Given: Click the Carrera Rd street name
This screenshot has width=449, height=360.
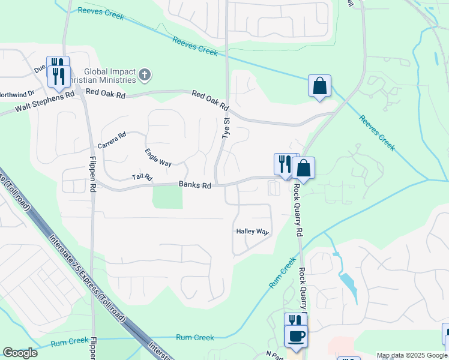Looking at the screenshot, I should point(112,141).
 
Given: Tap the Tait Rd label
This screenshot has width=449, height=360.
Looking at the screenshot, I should point(142,178).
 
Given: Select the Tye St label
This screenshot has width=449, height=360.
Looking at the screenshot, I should point(226,128).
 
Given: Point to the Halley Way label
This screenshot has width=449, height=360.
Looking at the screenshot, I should point(252,231).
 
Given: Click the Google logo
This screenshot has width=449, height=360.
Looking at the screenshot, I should point(20,353).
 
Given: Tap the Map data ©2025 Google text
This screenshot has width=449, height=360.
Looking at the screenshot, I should point(412,355).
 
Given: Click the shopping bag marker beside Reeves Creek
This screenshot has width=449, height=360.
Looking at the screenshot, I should point(319,86).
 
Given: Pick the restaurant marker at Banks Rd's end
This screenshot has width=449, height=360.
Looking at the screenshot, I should point(283,164).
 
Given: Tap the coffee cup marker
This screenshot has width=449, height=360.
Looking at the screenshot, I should point(297,335).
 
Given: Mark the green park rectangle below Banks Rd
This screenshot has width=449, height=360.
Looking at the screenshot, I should point(167,197).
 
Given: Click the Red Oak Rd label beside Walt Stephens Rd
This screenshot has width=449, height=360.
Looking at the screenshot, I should point(105,92).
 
